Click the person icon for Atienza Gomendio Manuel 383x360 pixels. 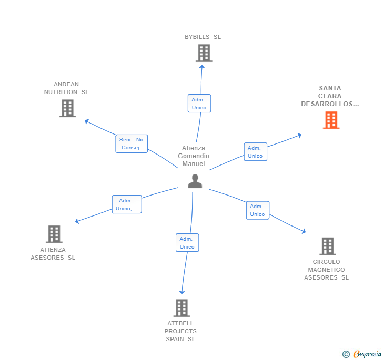pos(195,181)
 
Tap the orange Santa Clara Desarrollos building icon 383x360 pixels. pos(331,120)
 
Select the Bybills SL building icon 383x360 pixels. pos(204,53)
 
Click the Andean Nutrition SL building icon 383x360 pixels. pos(67,108)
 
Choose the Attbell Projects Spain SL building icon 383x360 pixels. pos(182,308)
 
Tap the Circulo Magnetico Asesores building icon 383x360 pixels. pos(327,246)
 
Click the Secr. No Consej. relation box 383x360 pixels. pos(132,143)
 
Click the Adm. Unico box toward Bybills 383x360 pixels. pos(199,104)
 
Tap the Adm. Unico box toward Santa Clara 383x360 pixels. pos(255,152)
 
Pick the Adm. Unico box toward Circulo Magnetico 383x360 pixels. pos(257,210)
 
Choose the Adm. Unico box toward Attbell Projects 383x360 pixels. pos(187,243)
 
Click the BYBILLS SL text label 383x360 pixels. pos(203,37)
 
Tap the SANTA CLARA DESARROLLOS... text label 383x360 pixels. pos(330,96)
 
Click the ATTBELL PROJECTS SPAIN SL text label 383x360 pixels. pos(180,331)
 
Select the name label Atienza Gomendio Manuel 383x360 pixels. pos(194,156)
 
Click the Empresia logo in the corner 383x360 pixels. pos(362,354)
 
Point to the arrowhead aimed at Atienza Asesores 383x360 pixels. pos(77,222)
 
